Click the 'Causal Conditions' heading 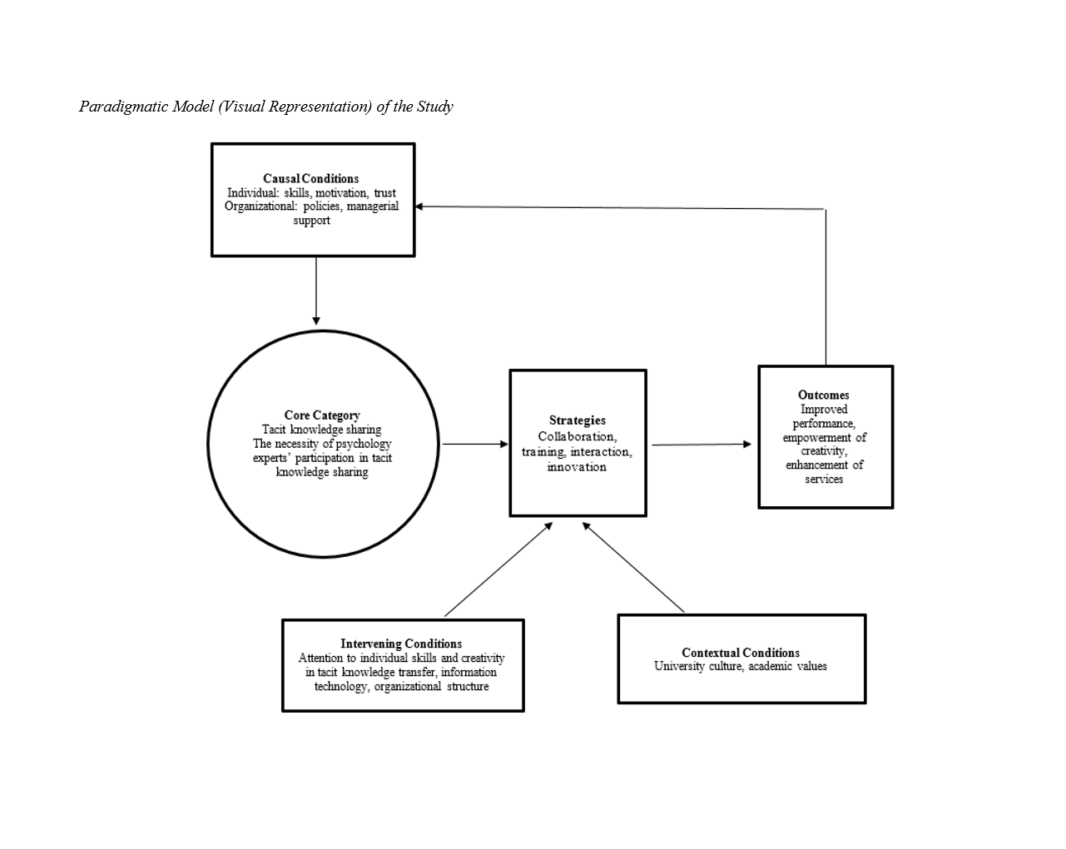[310, 178]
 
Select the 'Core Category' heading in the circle [322, 415]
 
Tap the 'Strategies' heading [578, 420]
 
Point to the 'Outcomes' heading [824, 395]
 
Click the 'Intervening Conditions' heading [401, 644]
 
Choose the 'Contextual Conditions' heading [741, 653]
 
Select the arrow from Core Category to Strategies [474, 445]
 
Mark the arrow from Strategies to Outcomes [701, 445]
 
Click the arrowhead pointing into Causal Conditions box [420, 206]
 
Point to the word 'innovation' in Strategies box [577, 467]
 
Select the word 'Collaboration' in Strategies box [576, 436]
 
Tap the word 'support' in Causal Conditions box [311, 221]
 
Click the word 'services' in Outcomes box [824, 480]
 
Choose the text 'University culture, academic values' [741, 666]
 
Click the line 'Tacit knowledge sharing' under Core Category [322, 430]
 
